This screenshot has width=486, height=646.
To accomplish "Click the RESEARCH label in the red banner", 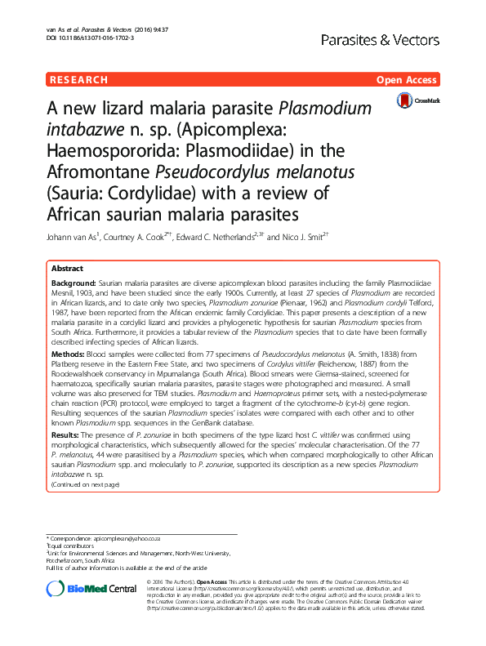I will tap(78, 80).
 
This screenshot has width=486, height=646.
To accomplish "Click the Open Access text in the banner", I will tap(408, 80).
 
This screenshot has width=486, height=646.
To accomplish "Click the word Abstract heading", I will tap(67, 269).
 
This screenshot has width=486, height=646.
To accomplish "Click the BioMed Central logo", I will tap(91, 589).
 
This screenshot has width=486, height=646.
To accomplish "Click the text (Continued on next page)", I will tap(85, 484).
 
